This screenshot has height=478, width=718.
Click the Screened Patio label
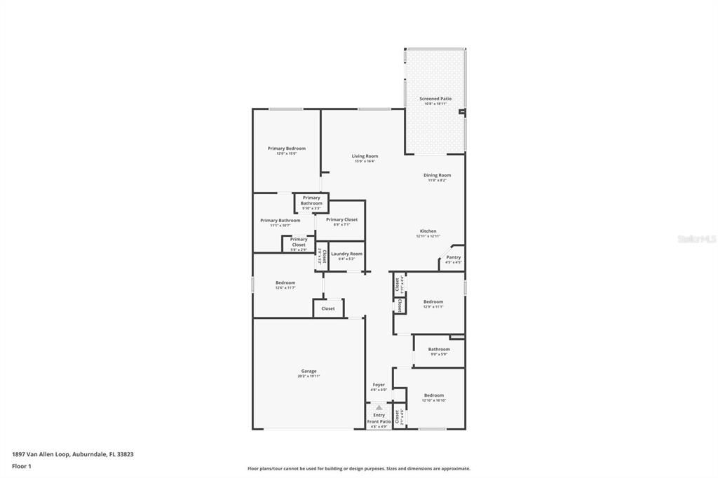(x=435, y=99)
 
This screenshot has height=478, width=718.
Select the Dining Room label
(x=437, y=175)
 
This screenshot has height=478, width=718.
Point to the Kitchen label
(x=428, y=231)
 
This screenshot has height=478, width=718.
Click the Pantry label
(x=454, y=257)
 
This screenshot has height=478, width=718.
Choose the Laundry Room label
(x=346, y=254)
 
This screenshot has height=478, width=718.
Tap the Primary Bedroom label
(x=286, y=149)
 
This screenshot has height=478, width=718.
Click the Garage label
(x=309, y=371)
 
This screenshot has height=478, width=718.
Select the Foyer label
(x=379, y=385)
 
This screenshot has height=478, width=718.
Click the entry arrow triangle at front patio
(x=379, y=407)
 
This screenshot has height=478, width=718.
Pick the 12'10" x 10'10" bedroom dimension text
(x=433, y=400)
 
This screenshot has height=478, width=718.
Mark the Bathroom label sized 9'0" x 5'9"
(x=439, y=354)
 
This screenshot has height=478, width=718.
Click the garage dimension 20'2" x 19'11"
(x=309, y=376)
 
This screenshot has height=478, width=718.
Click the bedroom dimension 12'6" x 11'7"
(x=285, y=287)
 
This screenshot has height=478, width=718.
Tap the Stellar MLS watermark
(x=696, y=239)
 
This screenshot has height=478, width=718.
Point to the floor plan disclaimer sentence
(x=358, y=469)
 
